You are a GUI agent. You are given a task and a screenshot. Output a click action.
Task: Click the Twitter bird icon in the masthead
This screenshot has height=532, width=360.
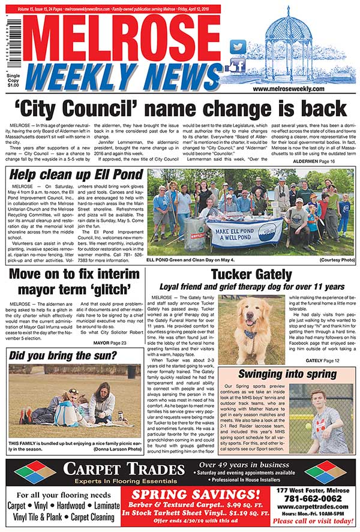238,47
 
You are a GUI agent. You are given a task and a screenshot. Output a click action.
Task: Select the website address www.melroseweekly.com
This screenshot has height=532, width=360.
289,89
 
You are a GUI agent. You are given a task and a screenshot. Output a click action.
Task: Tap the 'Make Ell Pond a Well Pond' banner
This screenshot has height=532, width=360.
245,229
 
